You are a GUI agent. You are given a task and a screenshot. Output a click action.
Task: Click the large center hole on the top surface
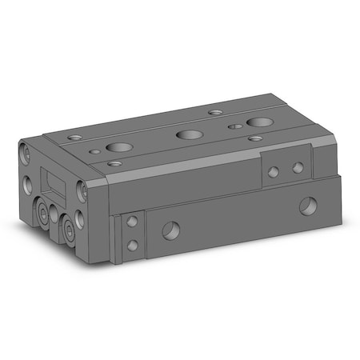[x=188, y=134]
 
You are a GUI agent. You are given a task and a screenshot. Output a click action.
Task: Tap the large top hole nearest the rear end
[x=258, y=122]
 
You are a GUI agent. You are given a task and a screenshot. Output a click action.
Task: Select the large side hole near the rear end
[x=306, y=208]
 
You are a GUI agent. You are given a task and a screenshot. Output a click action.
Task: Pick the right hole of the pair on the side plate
[x=297, y=167]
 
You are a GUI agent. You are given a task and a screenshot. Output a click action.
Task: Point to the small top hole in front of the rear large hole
[x=254, y=138]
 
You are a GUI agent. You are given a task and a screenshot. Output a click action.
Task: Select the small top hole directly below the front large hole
[x=116, y=162]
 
